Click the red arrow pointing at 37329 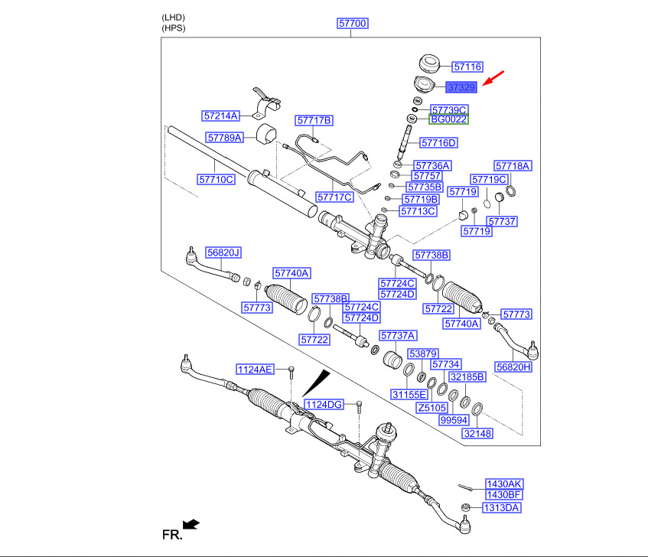493,78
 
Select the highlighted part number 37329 461,87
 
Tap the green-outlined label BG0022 449,119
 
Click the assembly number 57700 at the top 352,23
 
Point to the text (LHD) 173,18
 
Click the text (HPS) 174,28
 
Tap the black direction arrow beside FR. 191,524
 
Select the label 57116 467,67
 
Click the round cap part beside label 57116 429,63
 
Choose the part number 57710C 217,179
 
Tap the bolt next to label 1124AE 291,372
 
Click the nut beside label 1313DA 466,507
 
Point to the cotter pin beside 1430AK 466,487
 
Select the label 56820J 223,252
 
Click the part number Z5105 431,408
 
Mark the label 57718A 513,166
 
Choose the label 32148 477,434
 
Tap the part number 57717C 335,197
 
